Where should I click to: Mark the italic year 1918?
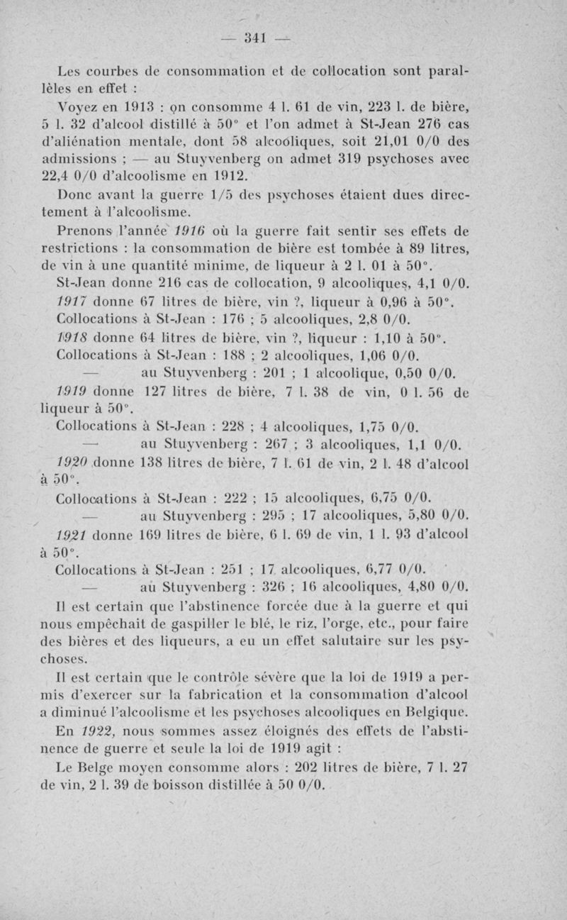coord(73,339)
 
